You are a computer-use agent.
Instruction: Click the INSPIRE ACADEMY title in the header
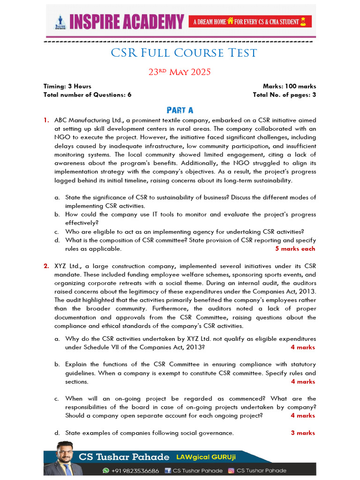(x=127, y=22)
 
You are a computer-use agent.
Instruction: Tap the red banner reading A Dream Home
(x=250, y=22)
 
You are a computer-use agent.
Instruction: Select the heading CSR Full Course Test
(x=184, y=53)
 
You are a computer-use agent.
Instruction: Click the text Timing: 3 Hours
(x=67, y=86)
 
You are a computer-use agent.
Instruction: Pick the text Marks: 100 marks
(x=289, y=86)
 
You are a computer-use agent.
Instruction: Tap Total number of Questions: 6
(x=87, y=95)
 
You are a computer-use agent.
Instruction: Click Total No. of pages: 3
(x=284, y=95)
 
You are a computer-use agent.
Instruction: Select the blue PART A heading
(x=180, y=110)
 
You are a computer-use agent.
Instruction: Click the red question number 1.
(x=46, y=120)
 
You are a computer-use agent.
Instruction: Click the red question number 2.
(x=46, y=266)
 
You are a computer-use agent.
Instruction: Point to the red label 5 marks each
(x=295, y=249)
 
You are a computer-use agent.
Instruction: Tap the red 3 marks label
(x=303, y=433)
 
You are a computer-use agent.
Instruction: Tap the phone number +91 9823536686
(x=135, y=471)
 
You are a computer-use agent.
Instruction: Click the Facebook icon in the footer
(x=167, y=471)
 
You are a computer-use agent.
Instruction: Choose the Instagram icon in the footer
(x=231, y=471)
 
